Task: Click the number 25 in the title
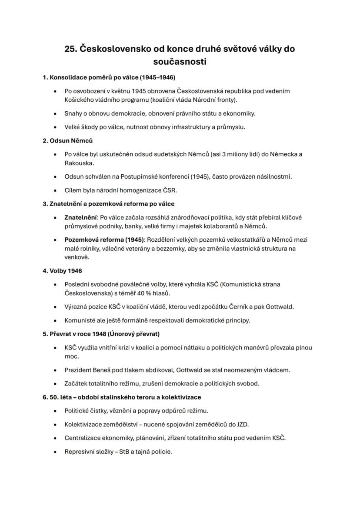(70, 49)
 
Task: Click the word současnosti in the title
(180, 62)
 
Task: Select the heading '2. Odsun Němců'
(67, 140)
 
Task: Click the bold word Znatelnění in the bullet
(80, 217)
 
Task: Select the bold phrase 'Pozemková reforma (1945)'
(104, 240)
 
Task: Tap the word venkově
(77, 257)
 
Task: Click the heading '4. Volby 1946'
(62, 271)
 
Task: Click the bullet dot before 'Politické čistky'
(55, 411)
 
